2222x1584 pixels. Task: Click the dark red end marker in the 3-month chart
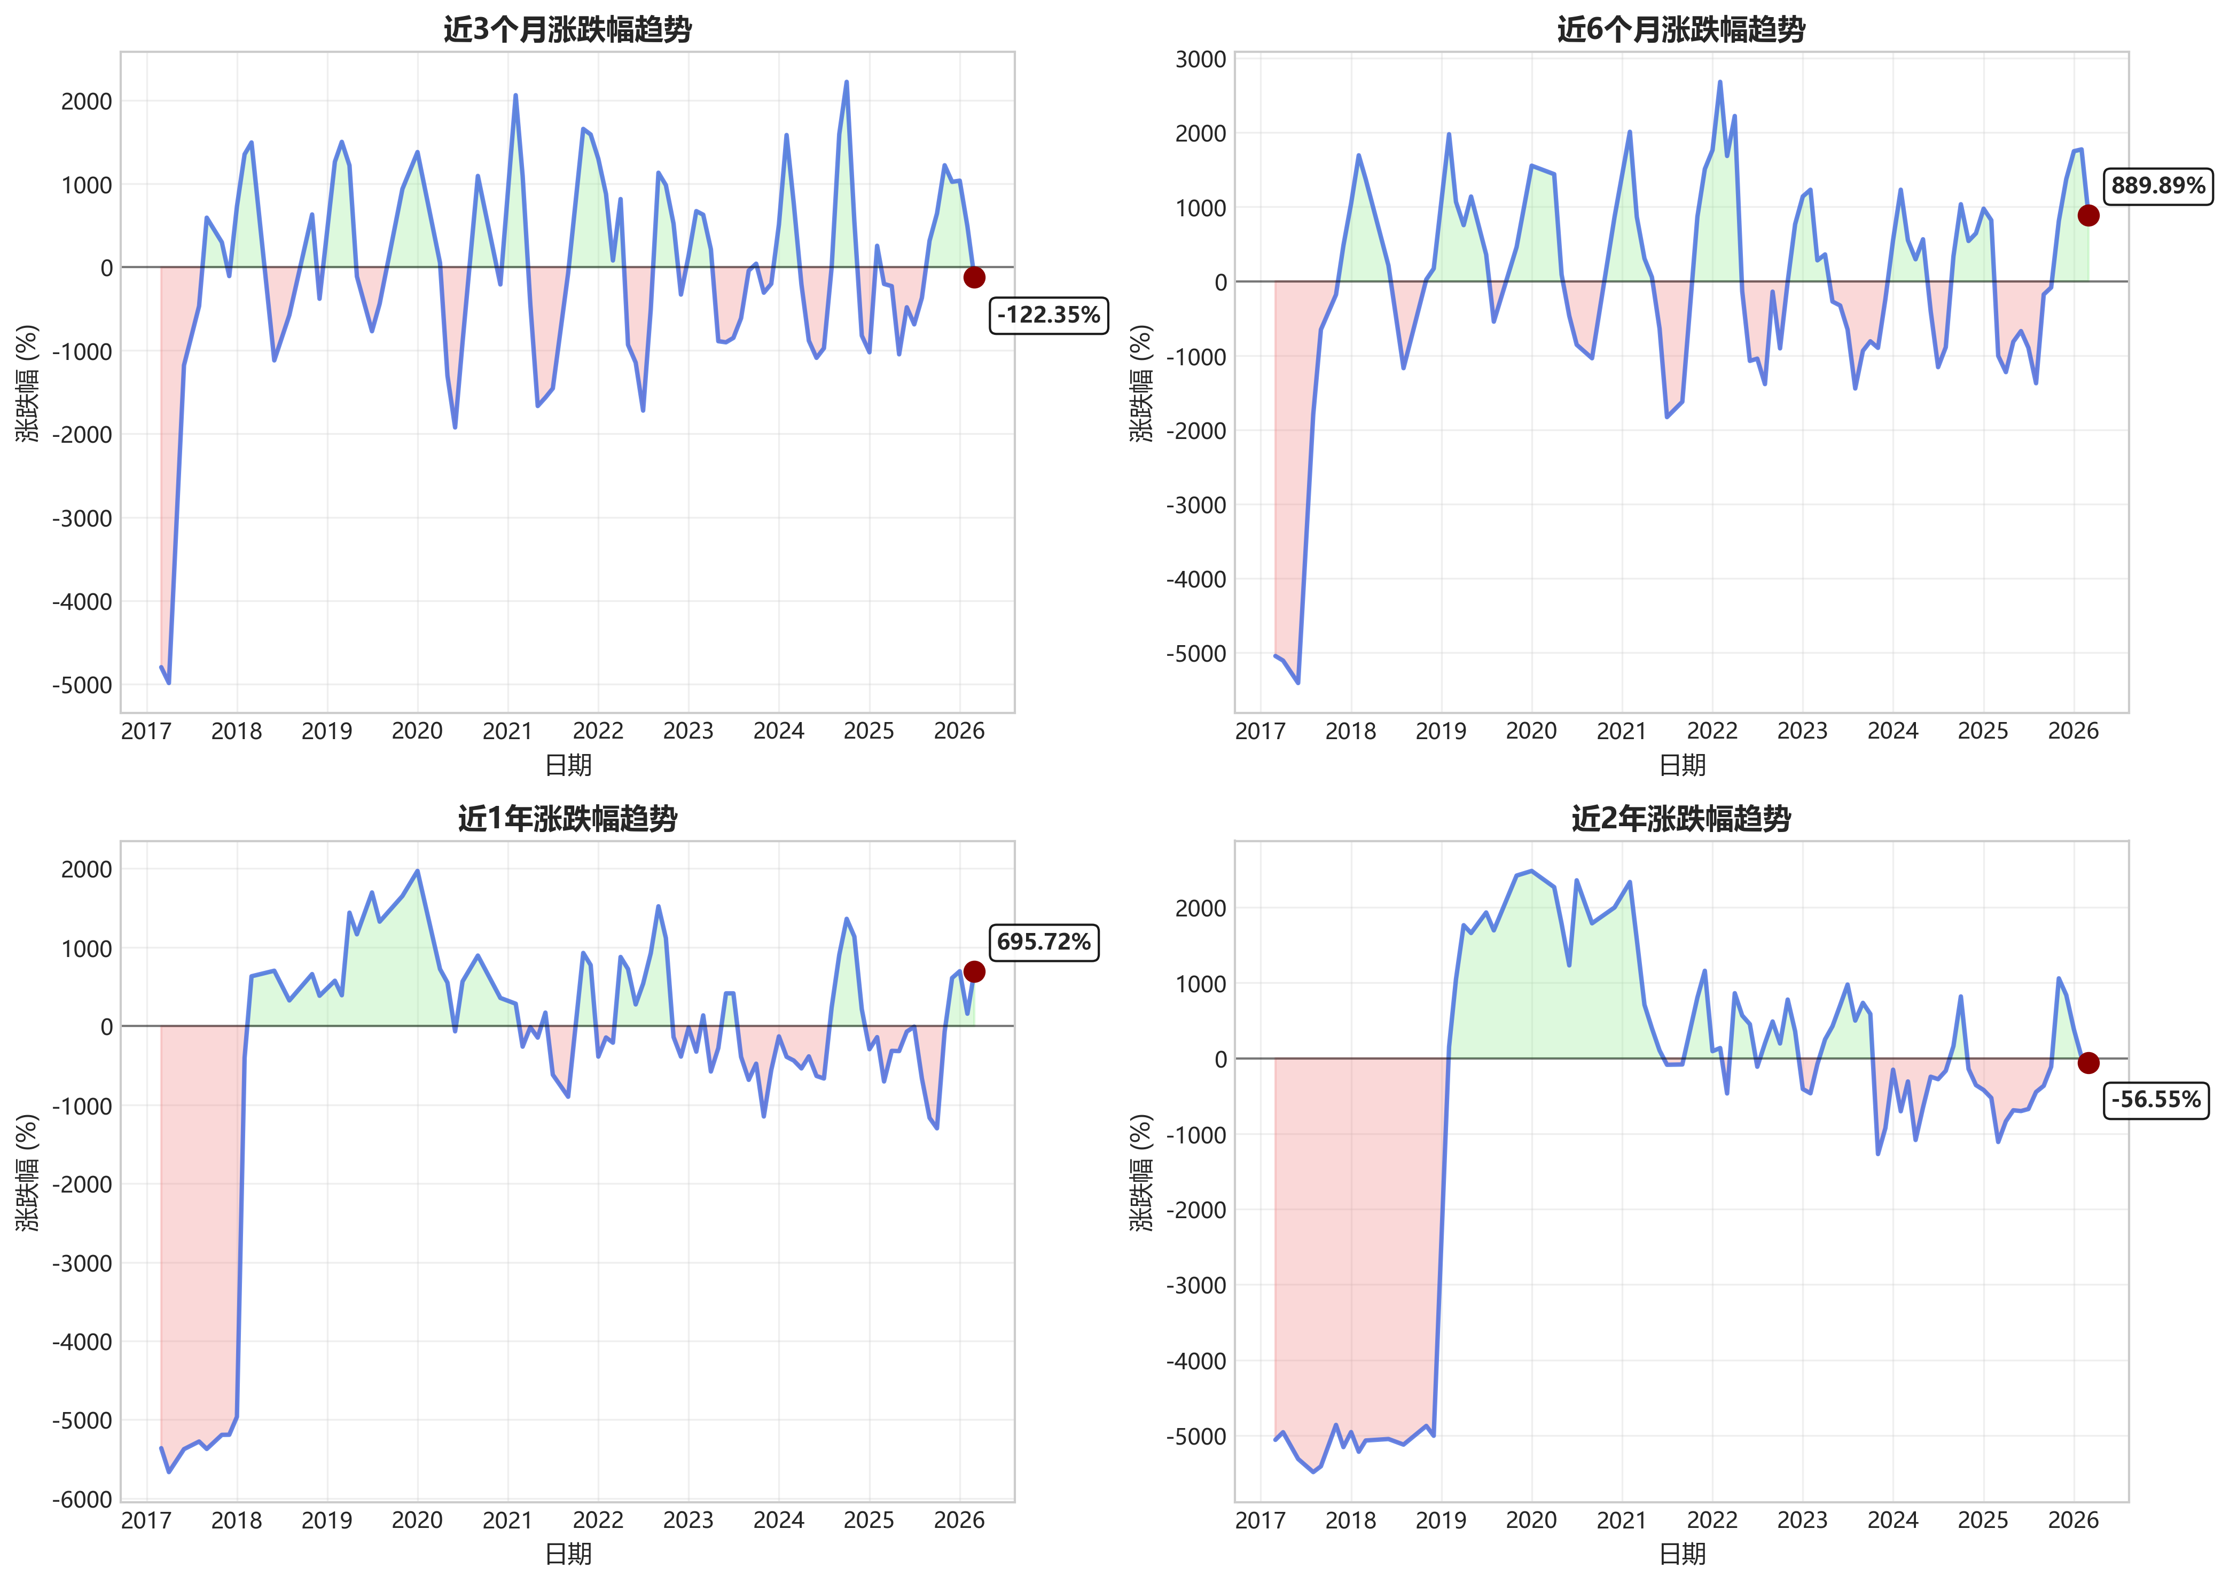[974, 277]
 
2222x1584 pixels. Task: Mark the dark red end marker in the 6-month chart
[2087, 216]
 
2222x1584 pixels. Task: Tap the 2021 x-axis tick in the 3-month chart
[507, 731]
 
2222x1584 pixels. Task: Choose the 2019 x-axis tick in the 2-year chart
[1441, 1519]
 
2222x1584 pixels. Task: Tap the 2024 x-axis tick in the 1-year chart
[778, 1519]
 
